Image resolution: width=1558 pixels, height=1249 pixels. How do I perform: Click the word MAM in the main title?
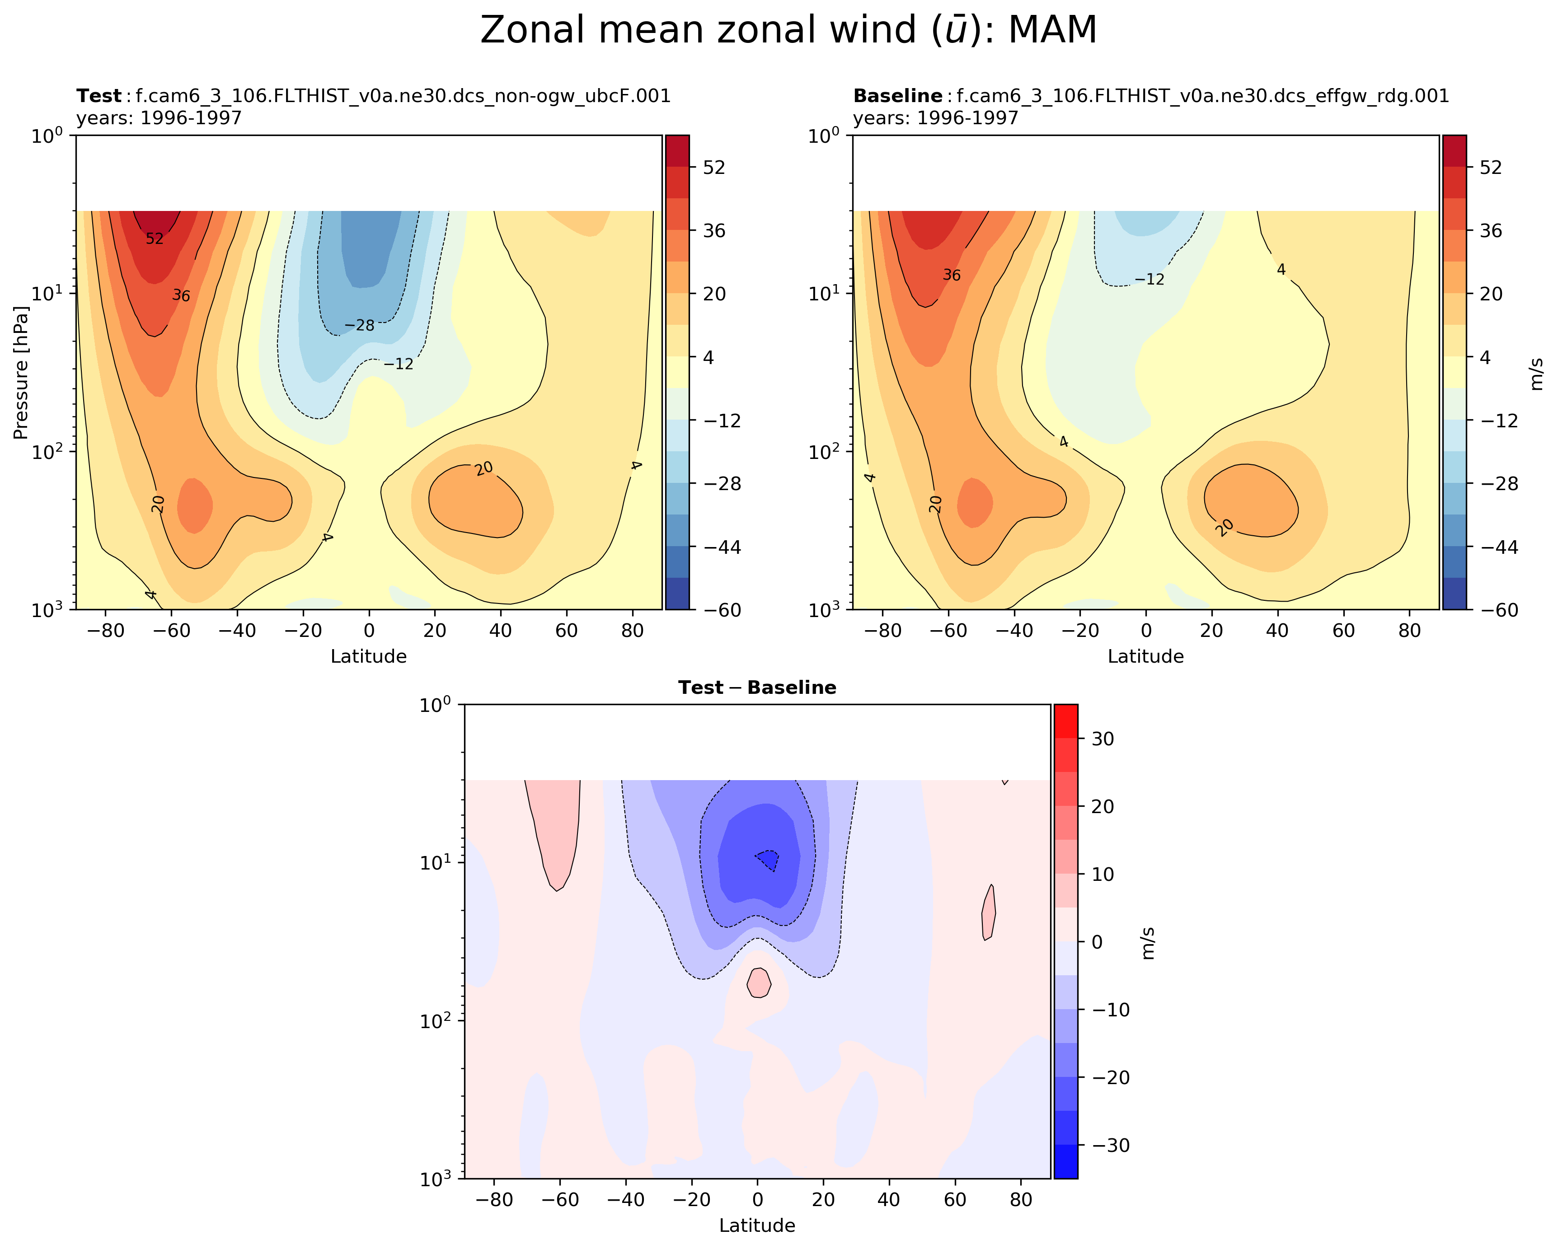pyautogui.click(x=1052, y=30)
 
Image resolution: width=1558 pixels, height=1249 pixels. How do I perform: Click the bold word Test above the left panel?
pyautogui.click(x=99, y=96)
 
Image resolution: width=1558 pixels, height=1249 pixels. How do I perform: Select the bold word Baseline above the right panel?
pyautogui.click(x=897, y=96)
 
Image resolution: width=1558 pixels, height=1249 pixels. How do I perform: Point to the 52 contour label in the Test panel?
pyautogui.click(x=155, y=239)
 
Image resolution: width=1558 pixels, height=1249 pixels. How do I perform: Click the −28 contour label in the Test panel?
pyautogui.click(x=359, y=326)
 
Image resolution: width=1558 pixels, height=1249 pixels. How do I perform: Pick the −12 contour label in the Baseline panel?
pyautogui.click(x=1149, y=280)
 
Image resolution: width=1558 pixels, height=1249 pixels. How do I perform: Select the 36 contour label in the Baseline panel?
pyautogui.click(x=952, y=275)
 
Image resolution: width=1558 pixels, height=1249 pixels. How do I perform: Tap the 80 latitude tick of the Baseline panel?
pyautogui.click(x=1410, y=631)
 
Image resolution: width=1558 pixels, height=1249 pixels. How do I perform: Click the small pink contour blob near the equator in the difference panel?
pyautogui.click(x=758, y=983)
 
